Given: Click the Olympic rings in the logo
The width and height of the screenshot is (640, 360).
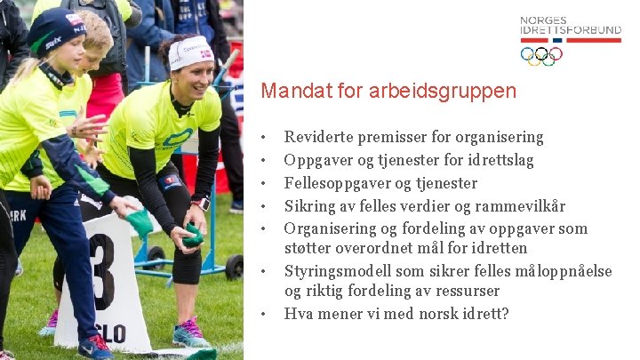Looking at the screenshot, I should pyautogui.click(x=540, y=56).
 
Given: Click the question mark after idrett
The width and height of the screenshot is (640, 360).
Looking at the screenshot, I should pyautogui.click(x=505, y=313).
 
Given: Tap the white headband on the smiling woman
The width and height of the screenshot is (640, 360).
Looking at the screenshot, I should pyautogui.click(x=190, y=52).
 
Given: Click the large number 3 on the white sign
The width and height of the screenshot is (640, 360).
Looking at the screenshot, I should pyautogui.click(x=100, y=271).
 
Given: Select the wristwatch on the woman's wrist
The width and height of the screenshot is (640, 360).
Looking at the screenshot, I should pyautogui.click(x=201, y=202).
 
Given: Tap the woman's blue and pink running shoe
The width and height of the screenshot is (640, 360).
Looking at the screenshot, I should pyautogui.click(x=190, y=334).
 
